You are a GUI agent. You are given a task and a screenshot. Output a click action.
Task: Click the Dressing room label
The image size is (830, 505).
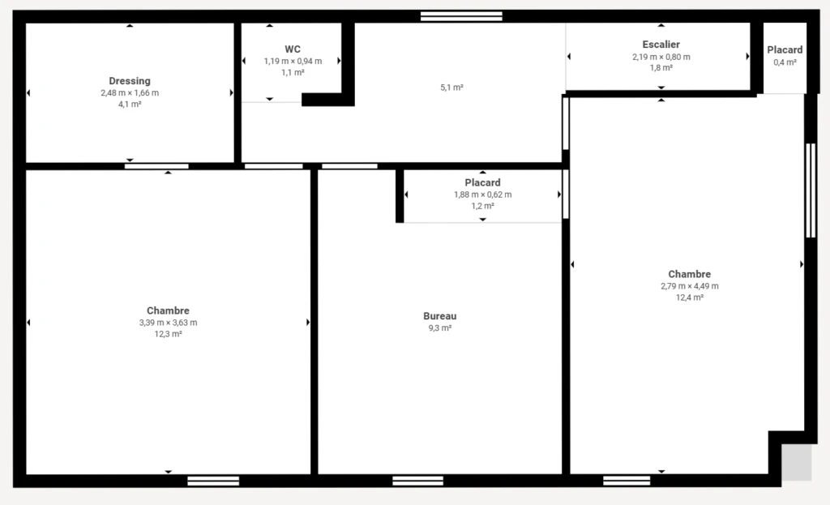pyautogui.click(x=130, y=81)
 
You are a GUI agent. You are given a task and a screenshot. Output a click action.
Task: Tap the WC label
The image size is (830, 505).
pyautogui.click(x=293, y=49)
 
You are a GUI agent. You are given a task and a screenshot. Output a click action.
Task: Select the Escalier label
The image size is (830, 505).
pyautogui.click(x=661, y=45)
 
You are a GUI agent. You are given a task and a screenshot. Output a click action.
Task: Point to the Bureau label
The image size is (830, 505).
pyautogui.click(x=440, y=316)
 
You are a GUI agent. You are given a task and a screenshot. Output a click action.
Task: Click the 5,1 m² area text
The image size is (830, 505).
pyautogui.click(x=452, y=88)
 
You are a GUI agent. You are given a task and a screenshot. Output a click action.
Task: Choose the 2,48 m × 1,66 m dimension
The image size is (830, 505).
pyautogui.click(x=130, y=92)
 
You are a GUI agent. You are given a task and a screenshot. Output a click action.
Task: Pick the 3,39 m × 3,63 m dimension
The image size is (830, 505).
pyautogui.click(x=169, y=323)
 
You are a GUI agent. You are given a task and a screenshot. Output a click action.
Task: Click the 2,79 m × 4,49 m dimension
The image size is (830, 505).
pyautogui.click(x=690, y=286)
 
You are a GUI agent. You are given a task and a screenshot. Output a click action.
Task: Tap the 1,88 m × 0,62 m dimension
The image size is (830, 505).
pyautogui.click(x=483, y=195)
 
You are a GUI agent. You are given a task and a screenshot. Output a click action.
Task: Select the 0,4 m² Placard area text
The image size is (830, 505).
pyautogui.click(x=785, y=62)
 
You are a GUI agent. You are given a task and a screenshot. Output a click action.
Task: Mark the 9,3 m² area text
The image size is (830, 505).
pyautogui.click(x=440, y=327)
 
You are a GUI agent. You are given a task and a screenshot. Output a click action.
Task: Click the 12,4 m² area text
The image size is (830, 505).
pyautogui.click(x=690, y=297)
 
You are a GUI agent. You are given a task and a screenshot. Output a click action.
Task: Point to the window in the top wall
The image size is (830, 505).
pyautogui.click(x=461, y=16)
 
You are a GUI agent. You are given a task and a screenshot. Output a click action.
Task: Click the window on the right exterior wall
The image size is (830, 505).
pyautogui.click(x=811, y=190)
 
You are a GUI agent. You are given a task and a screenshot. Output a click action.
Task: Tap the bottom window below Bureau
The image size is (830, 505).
pyautogui.click(x=417, y=481)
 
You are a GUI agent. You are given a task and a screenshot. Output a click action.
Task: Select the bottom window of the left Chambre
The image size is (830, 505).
pyautogui.click(x=213, y=481)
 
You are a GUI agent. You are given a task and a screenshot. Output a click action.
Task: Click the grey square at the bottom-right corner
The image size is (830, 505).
pyautogui.click(x=797, y=462)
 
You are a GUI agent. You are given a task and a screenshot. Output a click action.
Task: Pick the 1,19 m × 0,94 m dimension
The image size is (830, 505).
pyautogui.click(x=293, y=61)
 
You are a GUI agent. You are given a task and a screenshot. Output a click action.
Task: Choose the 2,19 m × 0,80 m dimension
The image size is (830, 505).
pyautogui.click(x=661, y=57)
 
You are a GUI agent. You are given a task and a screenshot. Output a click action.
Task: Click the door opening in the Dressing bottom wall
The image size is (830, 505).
pyautogui.click(x=156, y=166)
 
